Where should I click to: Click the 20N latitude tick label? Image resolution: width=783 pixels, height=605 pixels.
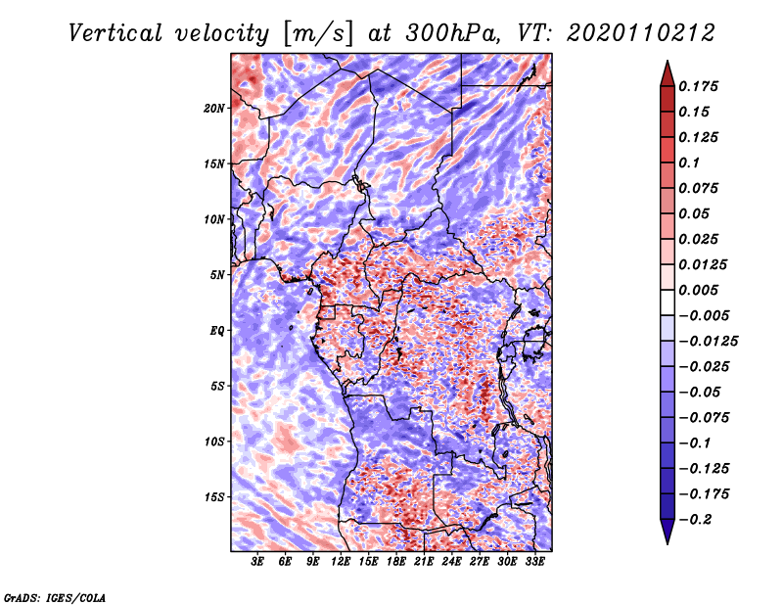214,108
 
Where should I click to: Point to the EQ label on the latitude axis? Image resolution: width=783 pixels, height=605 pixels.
217,331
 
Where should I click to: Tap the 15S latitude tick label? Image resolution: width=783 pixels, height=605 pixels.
214,497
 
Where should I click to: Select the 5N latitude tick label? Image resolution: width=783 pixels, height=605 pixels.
217,275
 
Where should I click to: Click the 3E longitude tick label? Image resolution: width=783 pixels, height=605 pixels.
257,561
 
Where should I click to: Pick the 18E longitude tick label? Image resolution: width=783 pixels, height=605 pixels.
396,561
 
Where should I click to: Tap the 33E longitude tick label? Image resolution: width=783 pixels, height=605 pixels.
534,561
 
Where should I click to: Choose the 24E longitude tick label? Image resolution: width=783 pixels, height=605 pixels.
451,561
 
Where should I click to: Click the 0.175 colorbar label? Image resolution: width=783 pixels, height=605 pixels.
698,86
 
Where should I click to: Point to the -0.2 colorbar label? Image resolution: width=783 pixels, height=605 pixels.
696,520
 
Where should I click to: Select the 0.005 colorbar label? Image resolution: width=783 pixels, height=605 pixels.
698,290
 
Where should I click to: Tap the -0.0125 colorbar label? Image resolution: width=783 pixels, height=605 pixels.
708,342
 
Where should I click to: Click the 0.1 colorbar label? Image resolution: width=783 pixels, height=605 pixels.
689,163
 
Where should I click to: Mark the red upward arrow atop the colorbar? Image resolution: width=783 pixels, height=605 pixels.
668,73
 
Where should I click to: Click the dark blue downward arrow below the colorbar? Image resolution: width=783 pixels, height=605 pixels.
668,532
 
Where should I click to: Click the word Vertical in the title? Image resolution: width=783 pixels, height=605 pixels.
115,33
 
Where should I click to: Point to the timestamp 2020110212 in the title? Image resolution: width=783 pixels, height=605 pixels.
641,33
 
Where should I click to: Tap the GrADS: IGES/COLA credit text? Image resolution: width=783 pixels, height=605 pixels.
55,598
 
